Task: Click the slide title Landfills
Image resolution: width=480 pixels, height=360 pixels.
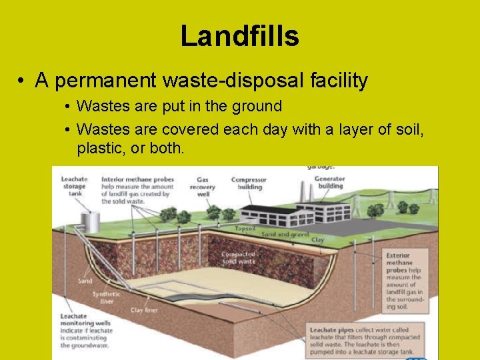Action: point(239,36)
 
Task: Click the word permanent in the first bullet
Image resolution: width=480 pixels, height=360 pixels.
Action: point(107,81)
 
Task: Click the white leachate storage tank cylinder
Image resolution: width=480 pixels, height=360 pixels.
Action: point(88,220)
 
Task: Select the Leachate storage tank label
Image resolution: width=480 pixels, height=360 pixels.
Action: point(74,186)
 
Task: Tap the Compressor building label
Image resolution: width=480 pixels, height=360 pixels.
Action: point(249,183)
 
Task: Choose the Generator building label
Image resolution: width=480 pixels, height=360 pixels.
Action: point(329,182)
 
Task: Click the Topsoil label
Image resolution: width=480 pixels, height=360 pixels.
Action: point(245,228)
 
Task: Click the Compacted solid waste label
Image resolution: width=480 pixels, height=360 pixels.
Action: point(238,258)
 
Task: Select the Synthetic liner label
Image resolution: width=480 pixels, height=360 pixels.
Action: point(106,297)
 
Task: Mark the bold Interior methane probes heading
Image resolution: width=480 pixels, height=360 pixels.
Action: point(138,179)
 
